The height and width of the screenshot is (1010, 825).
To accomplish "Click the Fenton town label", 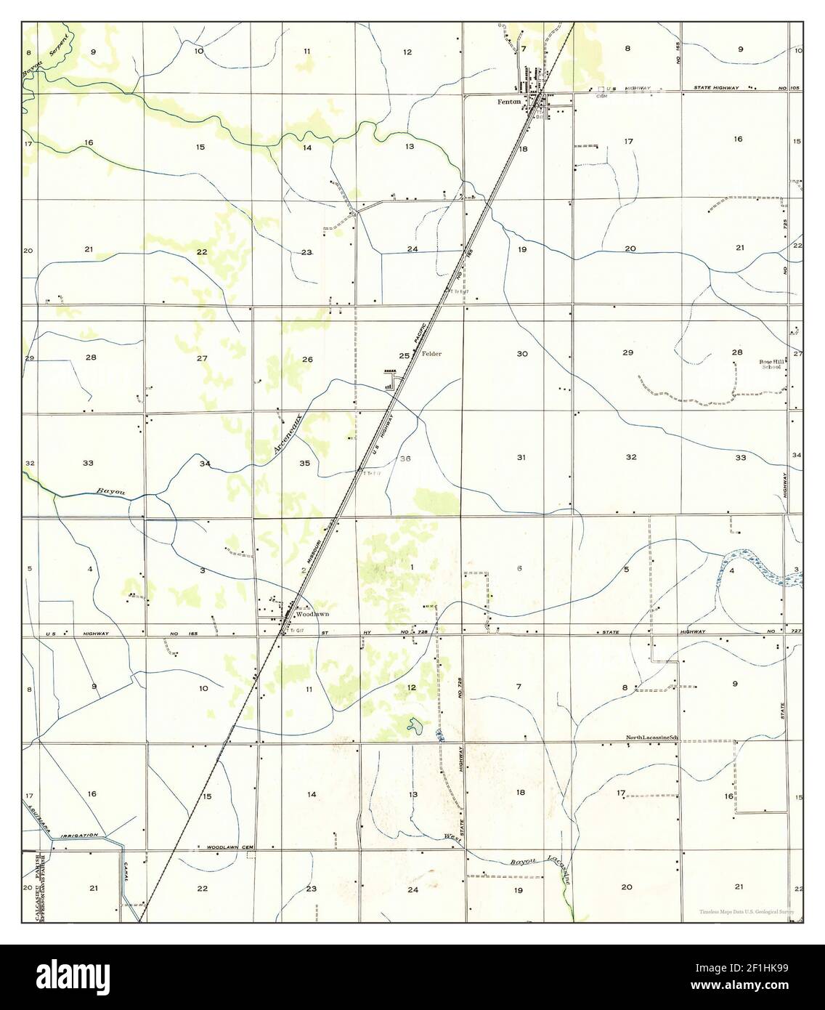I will click(x=508, y=102).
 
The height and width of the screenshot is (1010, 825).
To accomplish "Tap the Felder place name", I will click(x=431, y=355).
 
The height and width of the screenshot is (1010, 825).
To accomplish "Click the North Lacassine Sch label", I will click(x=651, y=738).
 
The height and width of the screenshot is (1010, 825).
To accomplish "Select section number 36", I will click(x=405, y=458).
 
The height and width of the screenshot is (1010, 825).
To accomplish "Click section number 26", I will click(x=307, y=360).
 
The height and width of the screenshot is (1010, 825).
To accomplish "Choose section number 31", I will click(x=521, y=457).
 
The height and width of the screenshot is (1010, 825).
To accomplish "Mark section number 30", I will click(x=521, y=354).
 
